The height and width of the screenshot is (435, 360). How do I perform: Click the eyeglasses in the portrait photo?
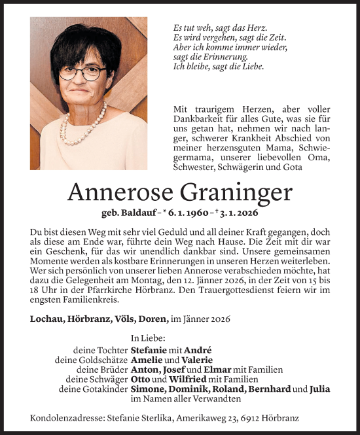coord(83,73)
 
